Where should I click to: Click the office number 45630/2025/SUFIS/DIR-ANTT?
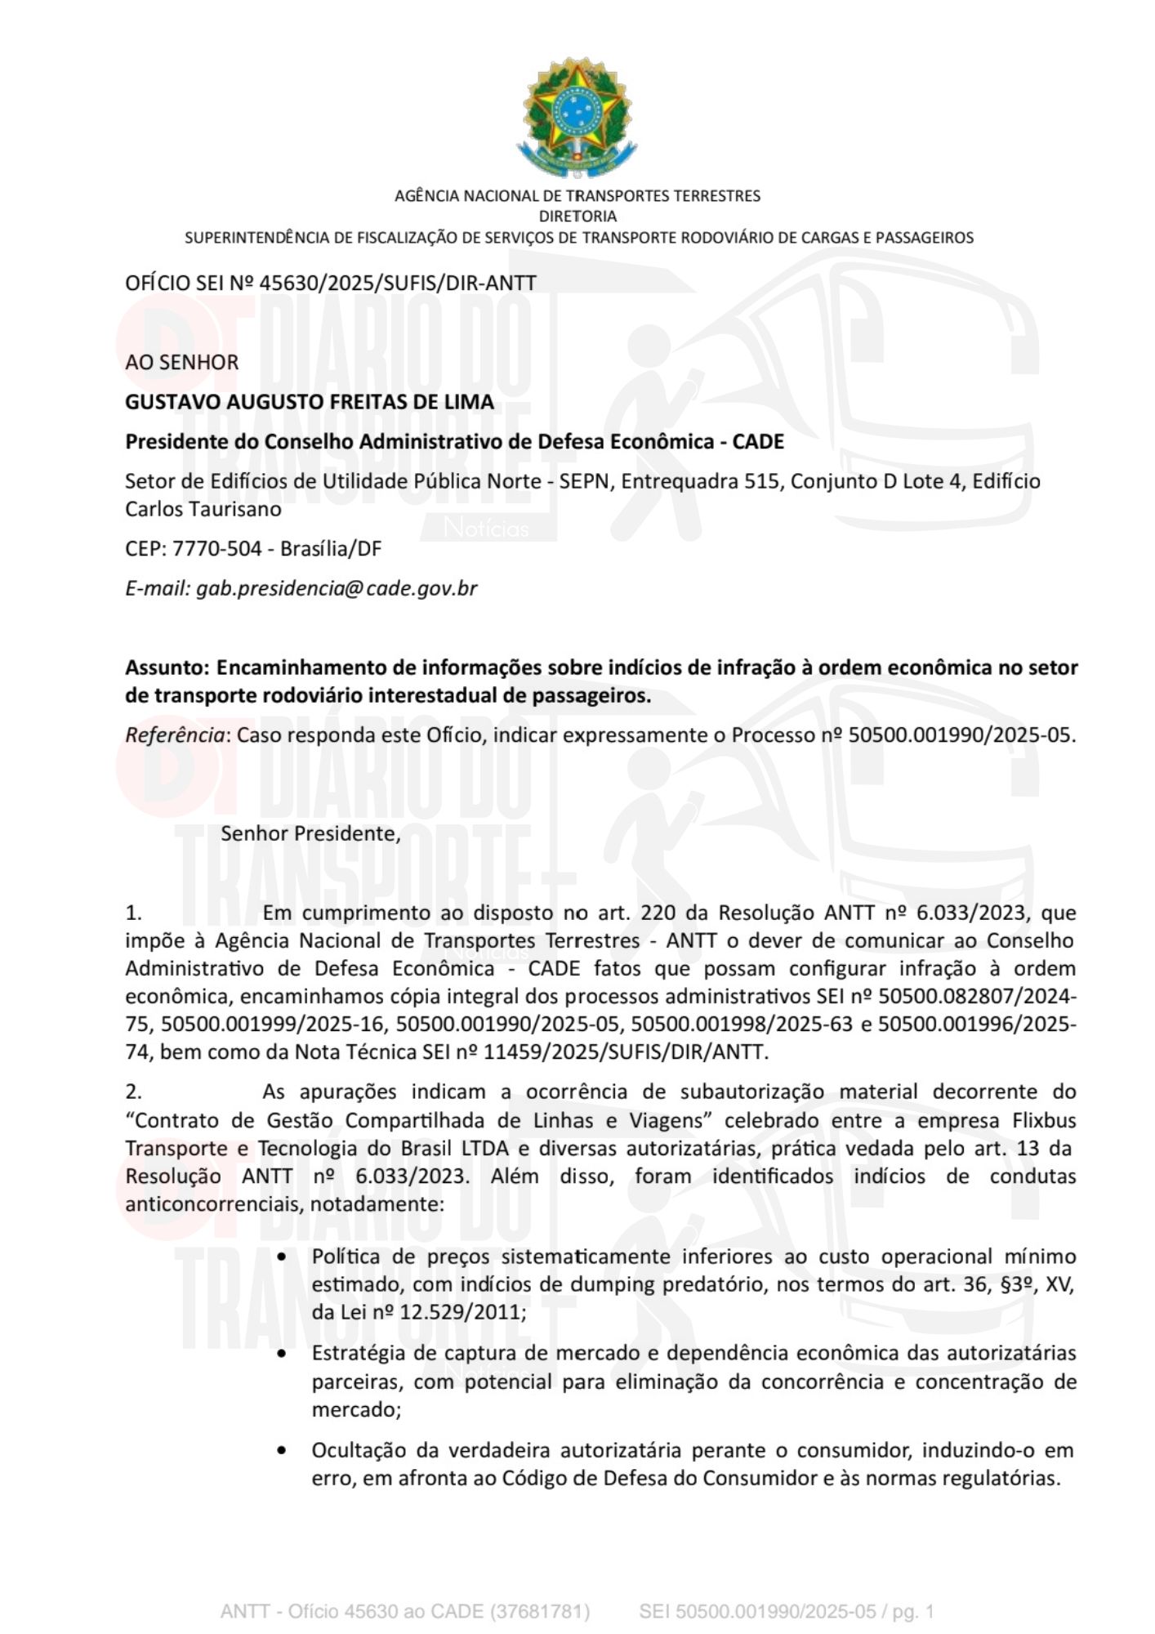pyautogui.click(x=397, y=283)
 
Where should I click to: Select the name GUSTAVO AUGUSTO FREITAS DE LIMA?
pyautogui.click(x=310, y=402)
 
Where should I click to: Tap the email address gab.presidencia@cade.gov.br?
pyautogui.click(x=336, y=588)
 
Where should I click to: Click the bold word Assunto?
pyautogui.click(x=166, y=667)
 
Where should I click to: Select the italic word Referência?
pyautogui.click(x=175, y=735)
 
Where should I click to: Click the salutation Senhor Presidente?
pyautogui.click(x=310, y=833)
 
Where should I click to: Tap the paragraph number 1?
pyautogui.click(x=134, y=913)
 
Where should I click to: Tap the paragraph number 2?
pyautogui.click(x=134, y=1092)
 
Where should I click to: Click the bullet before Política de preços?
pyautogui.click(x=283, y=1257)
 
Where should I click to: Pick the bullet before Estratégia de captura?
pyautogui.click(x=283, y=1354)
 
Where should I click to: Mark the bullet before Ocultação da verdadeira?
pyautogui.click(x=283, y=1451)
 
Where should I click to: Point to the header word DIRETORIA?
pyautogui.click(x=577, y=217)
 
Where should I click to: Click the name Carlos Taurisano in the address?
pyautogui.click(x=203, y=509)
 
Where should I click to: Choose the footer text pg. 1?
pyautogui.click(x=912, y=1612)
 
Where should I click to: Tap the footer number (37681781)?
pyautogui.click(x=540, y=1612)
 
